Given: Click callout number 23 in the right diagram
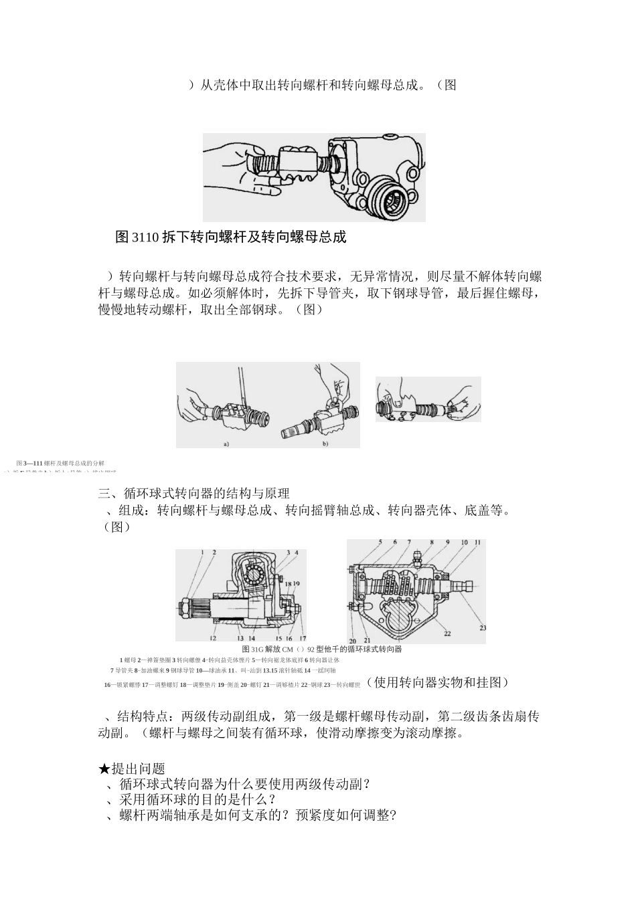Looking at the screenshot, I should pos(483,628).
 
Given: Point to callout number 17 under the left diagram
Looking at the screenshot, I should pos(303,638).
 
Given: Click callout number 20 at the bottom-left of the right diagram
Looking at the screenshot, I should pos(352,641).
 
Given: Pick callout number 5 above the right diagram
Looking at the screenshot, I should pos(380,542).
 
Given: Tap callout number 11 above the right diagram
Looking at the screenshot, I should pos(477,542).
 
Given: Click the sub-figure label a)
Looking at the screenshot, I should pos(226,443).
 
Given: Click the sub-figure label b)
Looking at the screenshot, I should pos(325,443).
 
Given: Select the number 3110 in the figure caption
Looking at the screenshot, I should pos(143,237).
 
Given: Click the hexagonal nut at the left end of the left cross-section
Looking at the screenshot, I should pos(185,609).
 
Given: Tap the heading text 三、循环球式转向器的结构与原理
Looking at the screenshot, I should pos(194,494).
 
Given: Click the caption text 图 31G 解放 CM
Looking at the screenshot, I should pos(268,649).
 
